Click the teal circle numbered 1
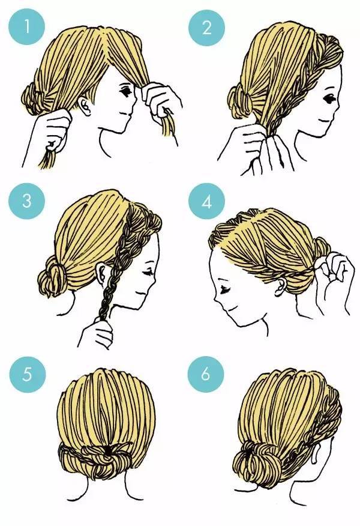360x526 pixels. tap(27, 27)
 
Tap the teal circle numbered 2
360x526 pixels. tap(206, 27)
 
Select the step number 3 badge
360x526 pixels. tap(27, 201)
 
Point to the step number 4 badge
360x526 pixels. tap(206, 201)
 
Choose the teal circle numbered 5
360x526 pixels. tap(27, 374)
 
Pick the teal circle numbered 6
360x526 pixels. tap(206, 374)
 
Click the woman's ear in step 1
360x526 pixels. tap(85, 106)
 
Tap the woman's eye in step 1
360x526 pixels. tap(126, 91)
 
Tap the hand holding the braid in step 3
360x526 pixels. tap(97, 332)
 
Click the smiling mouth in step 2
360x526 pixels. tap(324, 120)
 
